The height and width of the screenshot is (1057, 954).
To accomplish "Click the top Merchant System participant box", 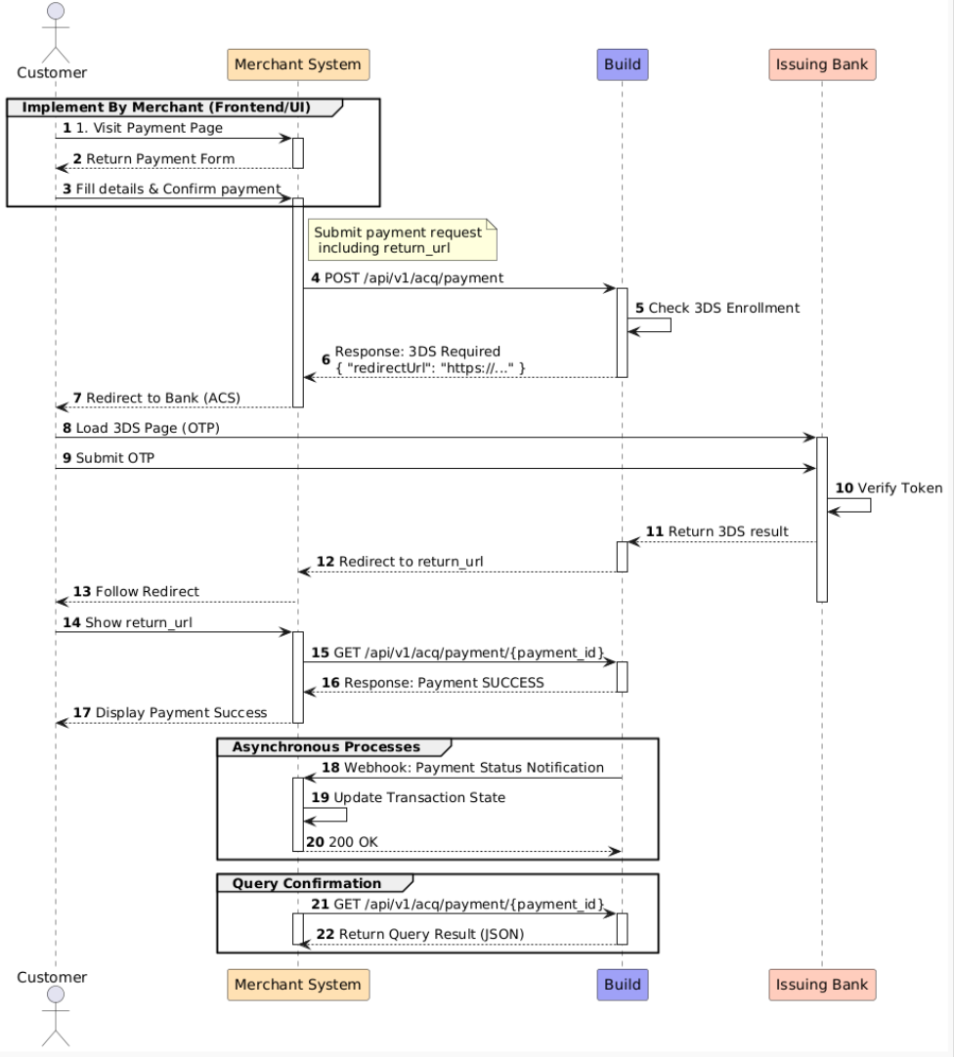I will point(298,64).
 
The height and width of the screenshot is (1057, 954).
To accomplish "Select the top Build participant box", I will point(622,64).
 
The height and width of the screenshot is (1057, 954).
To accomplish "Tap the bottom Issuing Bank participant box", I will point(821,985).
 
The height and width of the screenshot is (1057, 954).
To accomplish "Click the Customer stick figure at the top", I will point(55,29).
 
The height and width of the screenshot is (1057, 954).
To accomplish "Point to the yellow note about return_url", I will point(403,240).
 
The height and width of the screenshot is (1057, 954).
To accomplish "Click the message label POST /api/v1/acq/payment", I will point(414,278).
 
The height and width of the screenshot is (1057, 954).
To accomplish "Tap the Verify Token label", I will point(899,487).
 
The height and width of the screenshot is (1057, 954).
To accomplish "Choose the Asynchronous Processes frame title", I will point(326,746).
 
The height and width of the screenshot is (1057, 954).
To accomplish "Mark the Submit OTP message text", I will point(110,459).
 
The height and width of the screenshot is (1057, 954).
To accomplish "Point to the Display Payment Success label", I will point(181,712).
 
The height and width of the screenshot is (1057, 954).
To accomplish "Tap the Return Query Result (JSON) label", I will point(431,934).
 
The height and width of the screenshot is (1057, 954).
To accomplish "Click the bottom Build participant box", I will point(622,985).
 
